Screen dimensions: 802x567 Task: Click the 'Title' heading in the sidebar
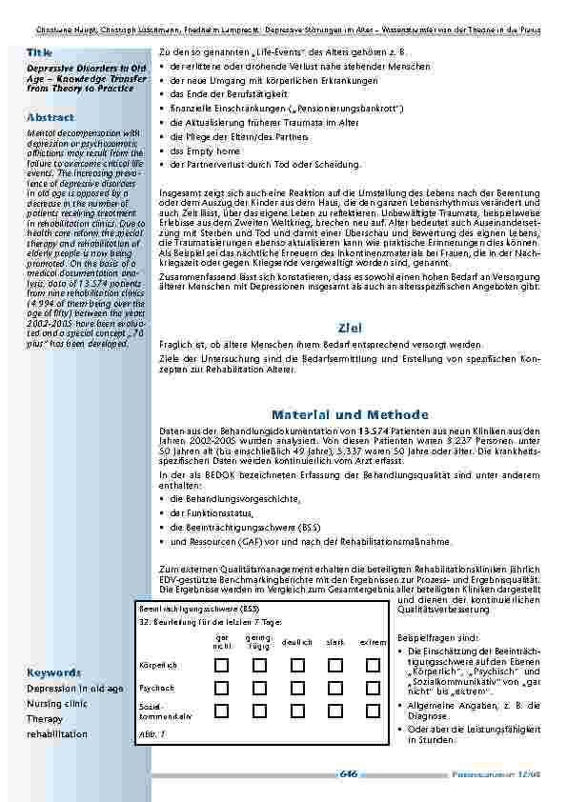[40, 51]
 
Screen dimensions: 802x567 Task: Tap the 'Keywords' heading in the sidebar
[53, 672]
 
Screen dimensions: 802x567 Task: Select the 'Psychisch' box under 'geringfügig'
[258, 688]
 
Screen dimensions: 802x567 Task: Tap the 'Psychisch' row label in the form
[156, 688]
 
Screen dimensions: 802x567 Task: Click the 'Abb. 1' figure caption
[152, 734]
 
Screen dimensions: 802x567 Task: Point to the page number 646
[348, 774]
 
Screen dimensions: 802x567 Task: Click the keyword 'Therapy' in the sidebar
[46, 719]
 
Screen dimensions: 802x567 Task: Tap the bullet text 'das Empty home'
[204, 150]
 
